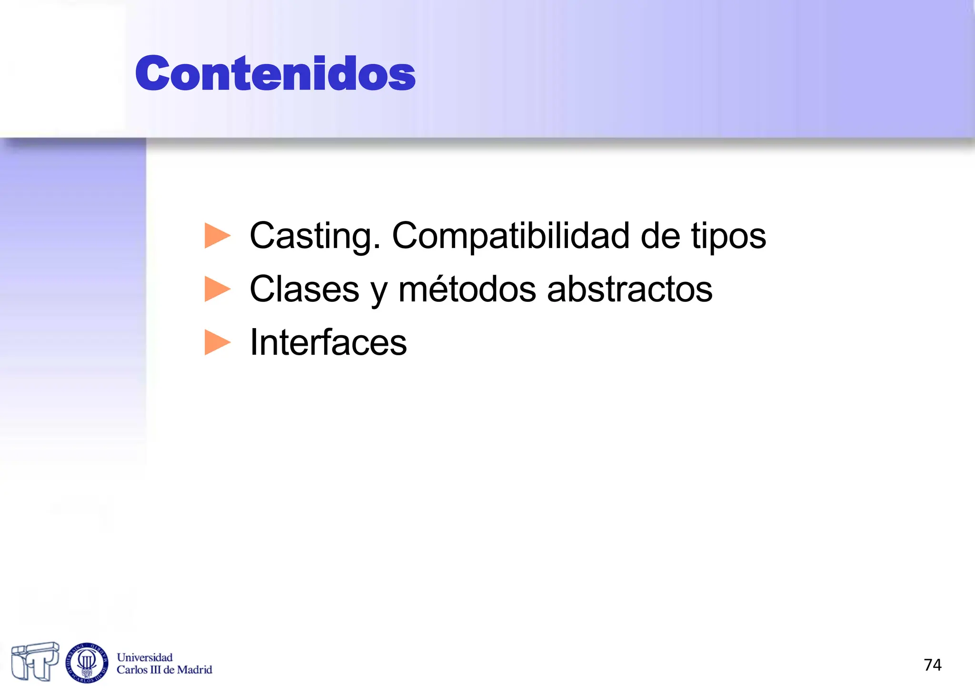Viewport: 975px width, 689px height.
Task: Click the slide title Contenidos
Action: click(275, 73)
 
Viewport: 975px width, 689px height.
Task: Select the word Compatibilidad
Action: click(510, 236)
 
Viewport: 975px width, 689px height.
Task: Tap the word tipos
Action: click(728, 237)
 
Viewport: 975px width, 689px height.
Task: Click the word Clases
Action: click(304, 290)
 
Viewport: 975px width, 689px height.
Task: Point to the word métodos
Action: click(467, 290)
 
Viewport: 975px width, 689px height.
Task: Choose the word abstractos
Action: click(629, 290)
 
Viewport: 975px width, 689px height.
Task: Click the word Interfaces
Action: click(328, 342)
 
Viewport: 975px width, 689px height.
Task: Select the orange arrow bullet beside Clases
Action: click(217, 289)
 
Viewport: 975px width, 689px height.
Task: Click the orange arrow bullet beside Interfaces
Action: click(217, 342)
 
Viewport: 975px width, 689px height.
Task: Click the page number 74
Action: click(932, 665)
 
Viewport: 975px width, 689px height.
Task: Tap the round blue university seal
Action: click(87, 662)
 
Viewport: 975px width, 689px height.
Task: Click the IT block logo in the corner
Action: click(35, 661)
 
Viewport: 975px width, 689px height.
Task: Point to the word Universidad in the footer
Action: click(145, 658)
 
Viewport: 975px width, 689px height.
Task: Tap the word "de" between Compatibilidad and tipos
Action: click(660, 236)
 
